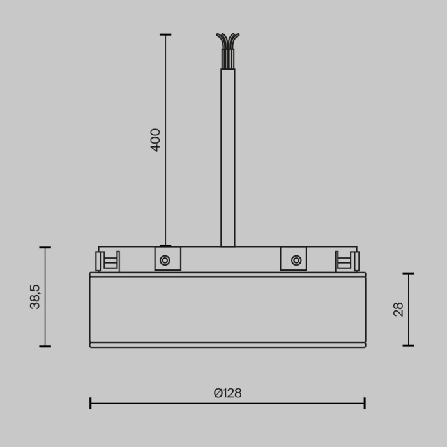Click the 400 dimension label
[155, 140]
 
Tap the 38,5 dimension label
[35, 297]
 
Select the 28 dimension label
[398, 310]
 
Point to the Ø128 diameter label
[227, 393]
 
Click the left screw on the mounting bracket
[165, 260]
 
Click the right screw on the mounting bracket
[296, 260]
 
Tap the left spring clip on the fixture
[107, 261]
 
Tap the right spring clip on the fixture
[347, 261]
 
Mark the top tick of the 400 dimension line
[165, 34]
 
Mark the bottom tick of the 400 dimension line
[165, 245]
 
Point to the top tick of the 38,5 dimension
[45, 248]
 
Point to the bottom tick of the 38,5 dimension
[45, 347]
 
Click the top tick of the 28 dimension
[409, 273]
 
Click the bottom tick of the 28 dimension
[409, 345]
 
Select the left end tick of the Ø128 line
[91, 403]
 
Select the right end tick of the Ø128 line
[364, 403]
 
